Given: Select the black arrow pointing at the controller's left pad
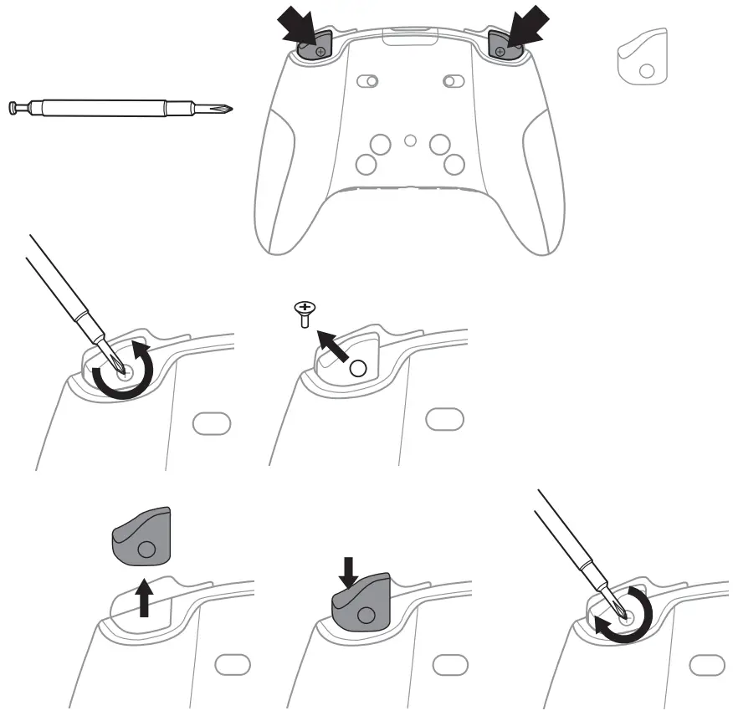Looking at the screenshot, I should [297, 28].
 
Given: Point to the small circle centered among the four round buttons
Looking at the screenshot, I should [409, 141].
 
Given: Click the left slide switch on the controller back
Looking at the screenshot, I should [367, 81].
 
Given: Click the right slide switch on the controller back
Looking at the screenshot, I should [454, 81].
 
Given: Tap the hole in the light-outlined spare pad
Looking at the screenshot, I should [647, 73].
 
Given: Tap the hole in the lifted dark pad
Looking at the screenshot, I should [146, 549].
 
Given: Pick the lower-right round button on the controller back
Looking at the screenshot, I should [454, 162].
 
